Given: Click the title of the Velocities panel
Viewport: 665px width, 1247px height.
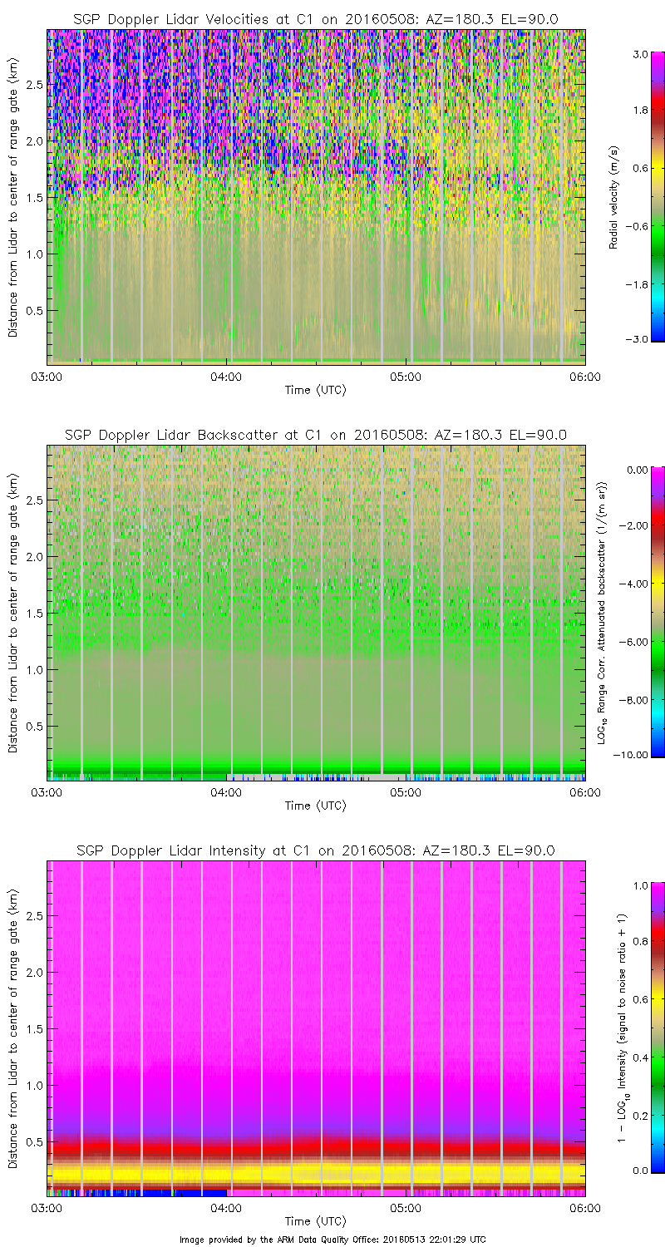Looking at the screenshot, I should pos(316,19).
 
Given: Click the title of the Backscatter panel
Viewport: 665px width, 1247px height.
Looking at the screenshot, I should pos(316,435).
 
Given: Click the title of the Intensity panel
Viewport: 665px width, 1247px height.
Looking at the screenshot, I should pos(316,850).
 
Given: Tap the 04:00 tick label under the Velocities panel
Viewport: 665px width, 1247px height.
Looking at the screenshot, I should pos(226,376).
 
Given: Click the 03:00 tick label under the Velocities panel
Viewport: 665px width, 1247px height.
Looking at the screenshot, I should pos(47,376).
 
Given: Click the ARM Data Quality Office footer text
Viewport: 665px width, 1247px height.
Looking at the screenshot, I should pos(332,1239).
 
